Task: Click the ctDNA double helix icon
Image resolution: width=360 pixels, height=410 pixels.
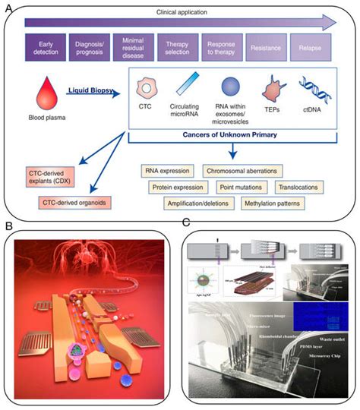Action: coord(313,88)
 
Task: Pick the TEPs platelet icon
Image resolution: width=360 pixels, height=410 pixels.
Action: coord(271,90)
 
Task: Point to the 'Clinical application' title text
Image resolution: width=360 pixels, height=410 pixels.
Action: coord(181,13)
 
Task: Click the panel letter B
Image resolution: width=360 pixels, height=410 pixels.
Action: coord(10,225)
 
